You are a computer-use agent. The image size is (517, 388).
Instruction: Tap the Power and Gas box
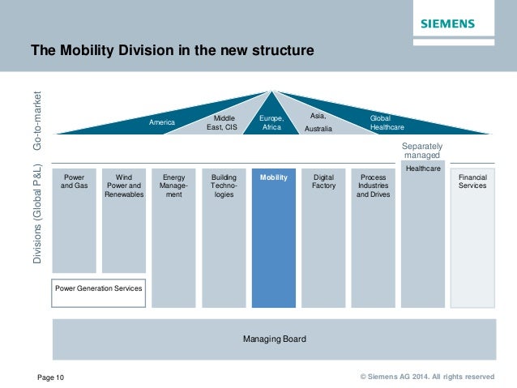point(74,220)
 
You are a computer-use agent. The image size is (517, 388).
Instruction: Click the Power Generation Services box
point(99,288)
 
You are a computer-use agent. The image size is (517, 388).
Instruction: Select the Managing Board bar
point(274,339)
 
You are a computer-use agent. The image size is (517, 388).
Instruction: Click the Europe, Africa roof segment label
point(271,122)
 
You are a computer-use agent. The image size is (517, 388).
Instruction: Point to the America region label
point(162,123)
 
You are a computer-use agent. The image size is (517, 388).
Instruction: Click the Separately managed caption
point(422,150)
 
